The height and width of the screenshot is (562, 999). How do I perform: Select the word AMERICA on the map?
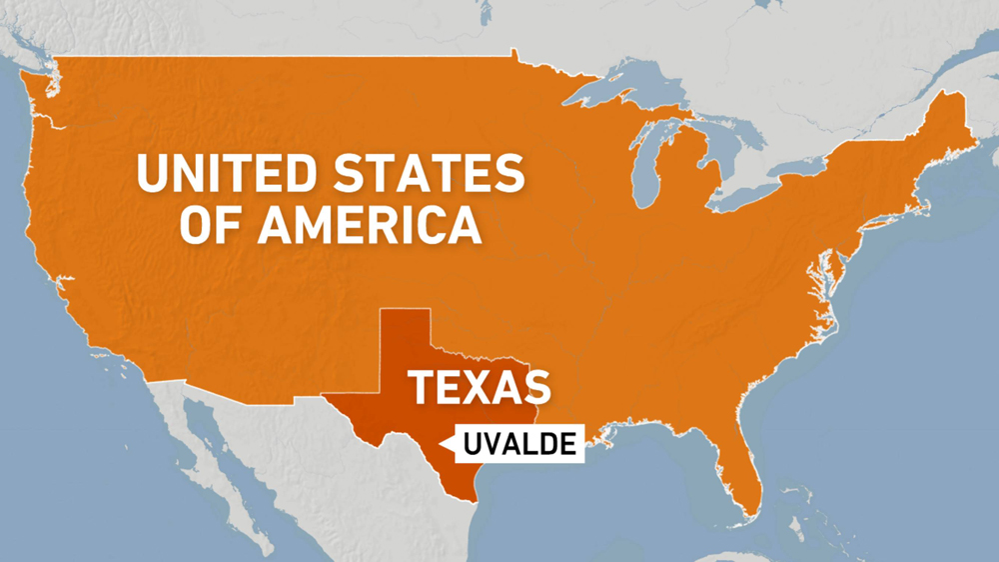[x=371, y=226]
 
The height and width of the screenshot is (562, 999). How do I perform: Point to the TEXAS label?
[x=481, y=387]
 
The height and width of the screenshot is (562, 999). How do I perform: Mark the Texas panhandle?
[x=404, y=335]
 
